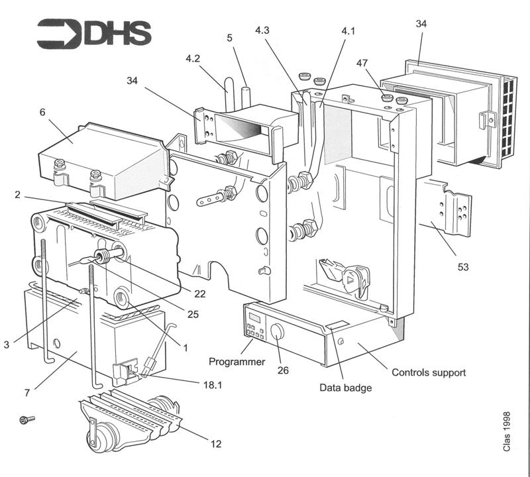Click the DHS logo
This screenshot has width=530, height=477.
(x=93, y=32)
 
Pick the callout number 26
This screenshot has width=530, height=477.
(x=283, y=370)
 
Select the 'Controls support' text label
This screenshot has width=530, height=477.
(x=429, y=372)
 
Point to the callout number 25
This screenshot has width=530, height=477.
(x=193, y=314)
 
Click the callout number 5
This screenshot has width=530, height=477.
(x=229, y=38)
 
